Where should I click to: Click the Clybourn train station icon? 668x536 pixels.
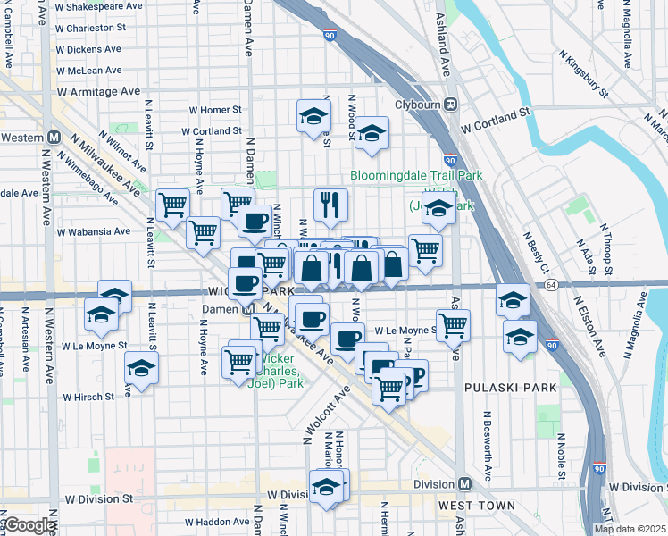point(451,104)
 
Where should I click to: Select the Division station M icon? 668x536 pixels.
point(464,484)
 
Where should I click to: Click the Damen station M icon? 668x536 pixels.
point(248,309)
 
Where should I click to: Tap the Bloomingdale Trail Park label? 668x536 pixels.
point(416,176)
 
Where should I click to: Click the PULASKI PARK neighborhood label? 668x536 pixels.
point(511,388)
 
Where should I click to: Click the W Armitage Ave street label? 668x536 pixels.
point(98,91)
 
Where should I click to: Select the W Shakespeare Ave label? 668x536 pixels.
point(98,6)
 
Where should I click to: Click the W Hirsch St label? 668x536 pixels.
point(88,397)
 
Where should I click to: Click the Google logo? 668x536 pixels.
point(29,525)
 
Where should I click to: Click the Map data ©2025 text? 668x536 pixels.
point(630,529)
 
